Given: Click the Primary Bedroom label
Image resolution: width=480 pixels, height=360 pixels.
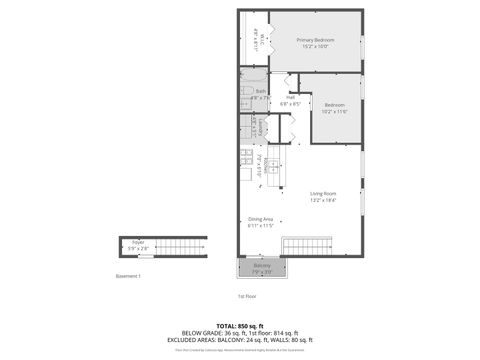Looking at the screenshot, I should point(315,40).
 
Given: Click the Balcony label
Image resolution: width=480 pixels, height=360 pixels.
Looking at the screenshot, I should point(261,266).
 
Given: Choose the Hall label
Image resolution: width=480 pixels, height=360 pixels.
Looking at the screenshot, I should point(290,98).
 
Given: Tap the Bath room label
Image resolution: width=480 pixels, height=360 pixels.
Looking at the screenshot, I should point(259,91).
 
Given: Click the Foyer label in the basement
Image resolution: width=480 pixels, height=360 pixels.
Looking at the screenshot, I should point(138,242).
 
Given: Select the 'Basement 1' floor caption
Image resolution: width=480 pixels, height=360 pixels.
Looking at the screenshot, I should point(129,275).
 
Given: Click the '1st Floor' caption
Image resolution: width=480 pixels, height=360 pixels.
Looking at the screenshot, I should point(248,296).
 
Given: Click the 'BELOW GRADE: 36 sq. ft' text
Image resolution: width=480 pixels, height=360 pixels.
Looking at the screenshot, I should point(204,334).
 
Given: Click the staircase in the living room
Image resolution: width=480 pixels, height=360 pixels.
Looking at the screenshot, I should point(306,246).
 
